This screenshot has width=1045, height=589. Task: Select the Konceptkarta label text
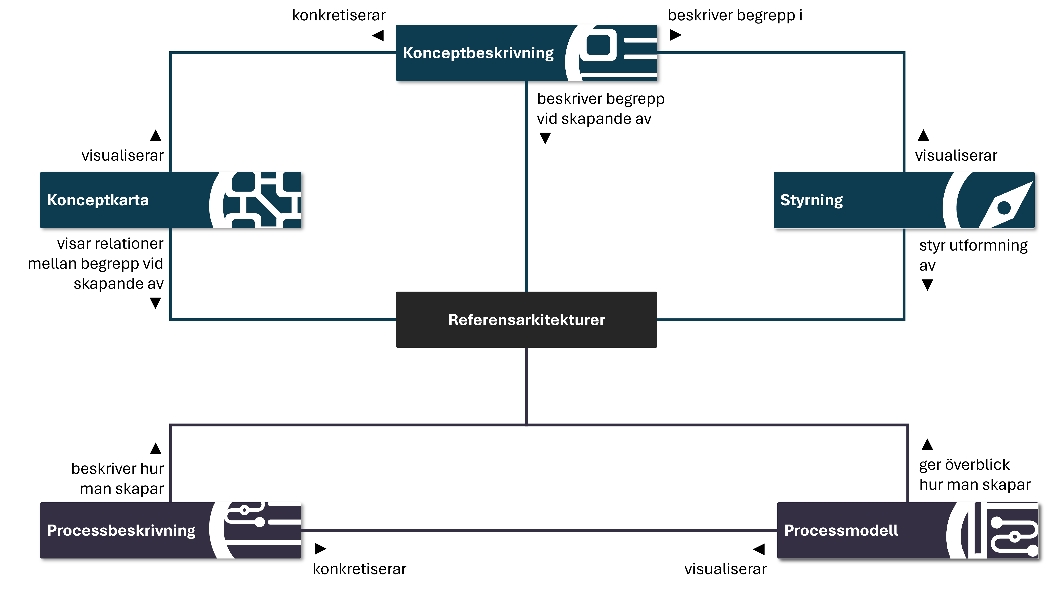pos(98,200)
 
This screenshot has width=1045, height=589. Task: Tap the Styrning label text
pos(811,200)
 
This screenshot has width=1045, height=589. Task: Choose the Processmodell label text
pos(841,531)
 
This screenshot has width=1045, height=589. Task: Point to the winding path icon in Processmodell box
pos(1010,535)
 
